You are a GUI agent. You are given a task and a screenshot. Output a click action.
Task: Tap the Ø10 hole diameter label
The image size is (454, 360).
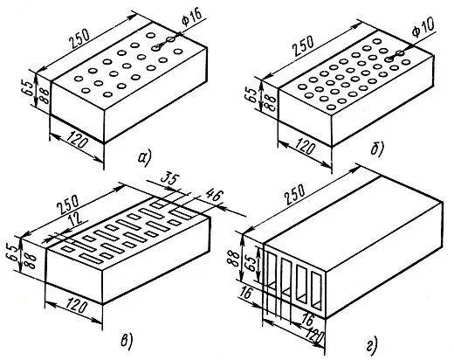pyautogui.click(x=423, y=27)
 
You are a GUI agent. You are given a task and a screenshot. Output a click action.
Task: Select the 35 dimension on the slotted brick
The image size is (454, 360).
pyautogui.click(x=169, y=180)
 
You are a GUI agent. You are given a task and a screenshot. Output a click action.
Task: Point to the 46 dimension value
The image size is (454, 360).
pyautogui.click(x=214, y=196)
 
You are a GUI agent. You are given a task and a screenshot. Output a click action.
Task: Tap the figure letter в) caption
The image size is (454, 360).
pyautogui.click(x=127, y=342)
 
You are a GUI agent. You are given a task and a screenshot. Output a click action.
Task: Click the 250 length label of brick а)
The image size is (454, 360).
pyautogui.click(x=79, y=39)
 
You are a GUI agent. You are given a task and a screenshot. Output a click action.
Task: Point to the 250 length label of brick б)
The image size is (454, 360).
pyautogui.click(x=303, y=45)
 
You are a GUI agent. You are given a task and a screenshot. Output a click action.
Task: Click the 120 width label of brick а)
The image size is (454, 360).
pyautogui.click(x=77, y=141)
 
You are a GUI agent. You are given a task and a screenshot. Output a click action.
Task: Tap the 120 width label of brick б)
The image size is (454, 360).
pyautogui.click(x=304, y=147)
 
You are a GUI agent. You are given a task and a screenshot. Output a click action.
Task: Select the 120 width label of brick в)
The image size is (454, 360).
pyautogui.click(x=76, y=307)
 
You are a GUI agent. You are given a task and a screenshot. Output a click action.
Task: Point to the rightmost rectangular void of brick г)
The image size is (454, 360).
pyautogui.click(x=315, y=290)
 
